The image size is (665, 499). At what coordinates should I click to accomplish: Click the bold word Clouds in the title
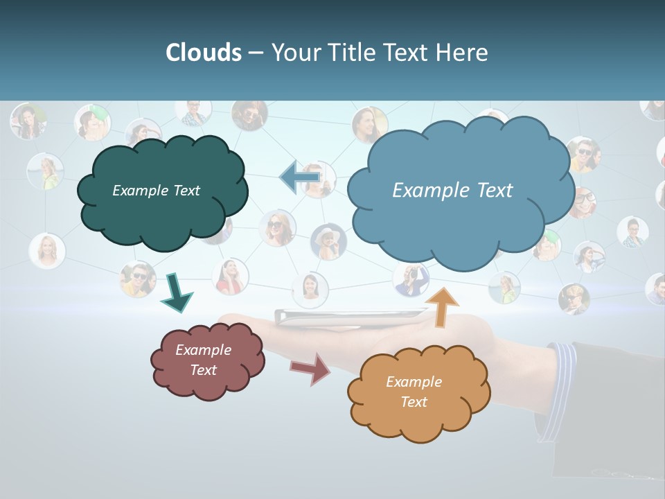coord(203,53)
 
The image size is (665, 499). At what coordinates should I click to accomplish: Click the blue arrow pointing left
coord(299,177)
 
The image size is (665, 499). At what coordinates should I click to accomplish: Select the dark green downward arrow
coord(176,292)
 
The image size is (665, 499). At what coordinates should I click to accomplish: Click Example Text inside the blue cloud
coord(452,191)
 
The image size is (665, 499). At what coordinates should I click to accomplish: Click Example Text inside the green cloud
coord(156,191)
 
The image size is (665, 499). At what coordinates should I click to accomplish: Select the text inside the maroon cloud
coord(203,360)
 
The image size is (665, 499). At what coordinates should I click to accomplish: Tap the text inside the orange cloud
coord(414,392)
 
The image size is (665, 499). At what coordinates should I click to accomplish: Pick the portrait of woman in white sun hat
coord(328,240)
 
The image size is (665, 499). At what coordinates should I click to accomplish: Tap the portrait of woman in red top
coord(230,276)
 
